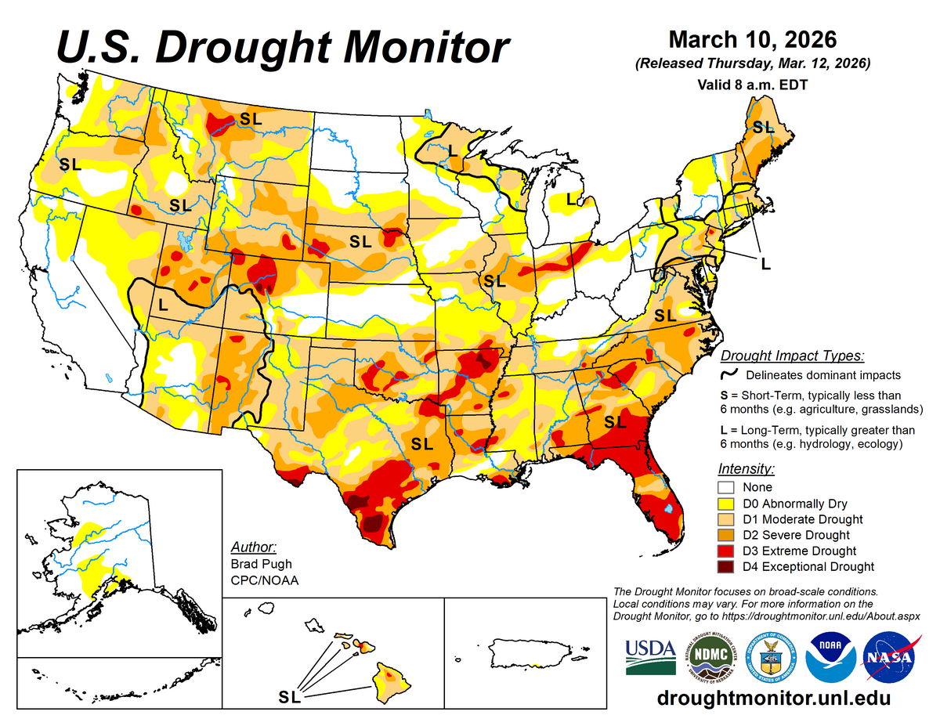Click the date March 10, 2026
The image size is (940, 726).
point(752,39)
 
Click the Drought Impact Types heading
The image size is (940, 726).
point(792,356)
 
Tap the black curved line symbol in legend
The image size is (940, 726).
point(728,375)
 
